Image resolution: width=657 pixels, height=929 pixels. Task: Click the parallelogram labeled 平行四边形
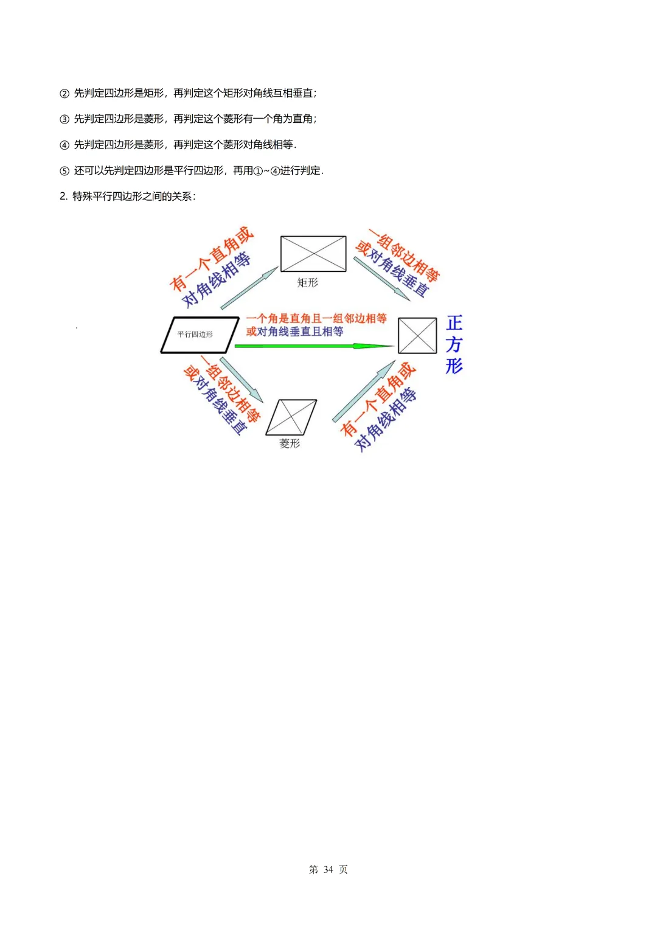(200, 335)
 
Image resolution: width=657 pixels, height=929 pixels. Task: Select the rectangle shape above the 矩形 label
(313, 254)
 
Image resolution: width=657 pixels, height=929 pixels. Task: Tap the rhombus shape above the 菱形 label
(291, 417)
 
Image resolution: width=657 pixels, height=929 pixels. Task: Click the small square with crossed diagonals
(417, 336)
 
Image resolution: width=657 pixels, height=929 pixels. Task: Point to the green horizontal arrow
(313, 346)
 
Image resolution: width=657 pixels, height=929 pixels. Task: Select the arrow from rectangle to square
(382, 279)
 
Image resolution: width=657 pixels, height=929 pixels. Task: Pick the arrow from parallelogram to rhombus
(242, 380)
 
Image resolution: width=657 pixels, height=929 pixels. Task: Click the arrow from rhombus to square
(364, 391)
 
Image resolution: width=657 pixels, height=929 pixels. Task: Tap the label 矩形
(307, 283)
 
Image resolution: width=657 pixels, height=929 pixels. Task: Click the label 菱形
(290, 444)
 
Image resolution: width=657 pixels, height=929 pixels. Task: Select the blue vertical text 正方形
(454, 344)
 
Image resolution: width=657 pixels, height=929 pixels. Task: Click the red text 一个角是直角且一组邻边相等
(316, 318)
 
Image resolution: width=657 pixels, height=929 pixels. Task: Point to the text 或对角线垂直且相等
(295, 332)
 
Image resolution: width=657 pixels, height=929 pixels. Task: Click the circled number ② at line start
(64, 94)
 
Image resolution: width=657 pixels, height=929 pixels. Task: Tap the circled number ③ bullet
(64, 119)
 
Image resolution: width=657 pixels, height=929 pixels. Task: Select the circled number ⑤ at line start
(64, 171)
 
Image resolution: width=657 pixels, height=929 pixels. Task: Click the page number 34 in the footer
(328, 869)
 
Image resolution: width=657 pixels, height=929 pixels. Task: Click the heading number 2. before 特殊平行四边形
(63, 197)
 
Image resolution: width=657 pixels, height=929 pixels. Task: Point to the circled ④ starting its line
(64, 145)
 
